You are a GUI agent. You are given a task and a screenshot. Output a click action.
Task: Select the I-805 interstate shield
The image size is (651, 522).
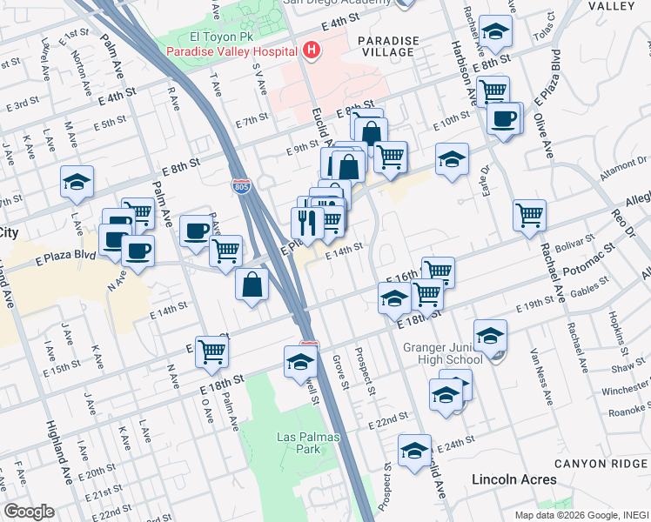[x=241, y=185]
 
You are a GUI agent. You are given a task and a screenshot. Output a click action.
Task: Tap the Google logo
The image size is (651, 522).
[x=29, y=512]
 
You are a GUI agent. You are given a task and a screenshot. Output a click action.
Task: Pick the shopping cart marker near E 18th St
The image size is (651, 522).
[x=211, y=351]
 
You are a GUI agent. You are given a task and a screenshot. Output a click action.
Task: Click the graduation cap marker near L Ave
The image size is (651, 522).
[x=77, y=182]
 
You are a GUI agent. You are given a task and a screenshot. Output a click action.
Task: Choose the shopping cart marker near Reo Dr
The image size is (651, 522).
[x=529, y=214]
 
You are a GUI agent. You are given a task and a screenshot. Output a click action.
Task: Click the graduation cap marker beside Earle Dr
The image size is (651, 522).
[x=452, y=159]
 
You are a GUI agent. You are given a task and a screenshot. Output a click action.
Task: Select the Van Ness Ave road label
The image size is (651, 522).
[x=540, y=384]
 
